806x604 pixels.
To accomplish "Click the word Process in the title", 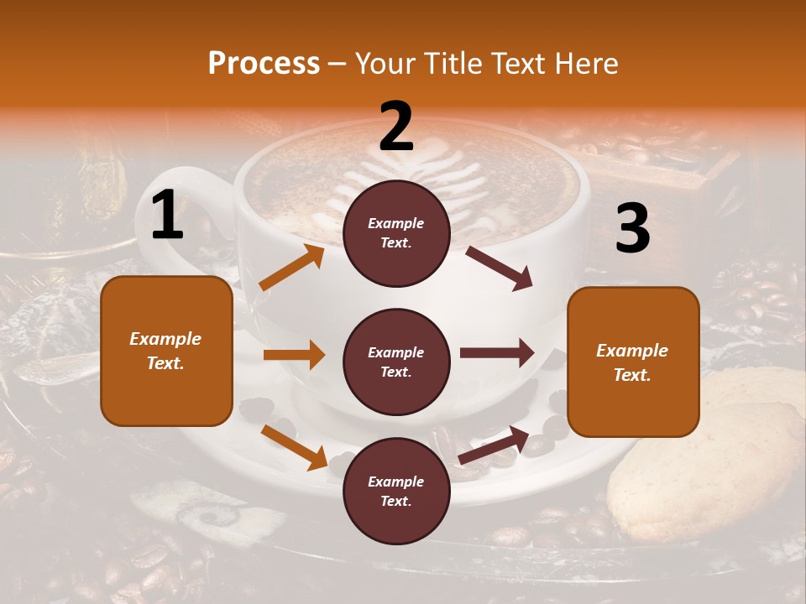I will [264, 64].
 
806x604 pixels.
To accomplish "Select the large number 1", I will [167, 216].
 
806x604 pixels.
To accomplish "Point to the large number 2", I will [396, 127].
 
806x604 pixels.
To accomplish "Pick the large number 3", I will [632, 229].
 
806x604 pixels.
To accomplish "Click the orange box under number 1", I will [166, 351].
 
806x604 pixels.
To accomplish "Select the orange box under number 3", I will [633, 362].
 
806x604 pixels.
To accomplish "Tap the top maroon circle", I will [396, 233].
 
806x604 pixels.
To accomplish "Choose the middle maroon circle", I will [396, 362].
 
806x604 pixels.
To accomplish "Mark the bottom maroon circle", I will [396, 492].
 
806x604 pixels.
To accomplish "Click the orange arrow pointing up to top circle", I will [291, 268].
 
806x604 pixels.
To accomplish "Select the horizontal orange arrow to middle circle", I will [294, 355].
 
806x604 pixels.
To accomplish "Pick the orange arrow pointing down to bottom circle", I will [294, 446].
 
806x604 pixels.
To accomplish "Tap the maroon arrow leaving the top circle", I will [499, 268].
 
